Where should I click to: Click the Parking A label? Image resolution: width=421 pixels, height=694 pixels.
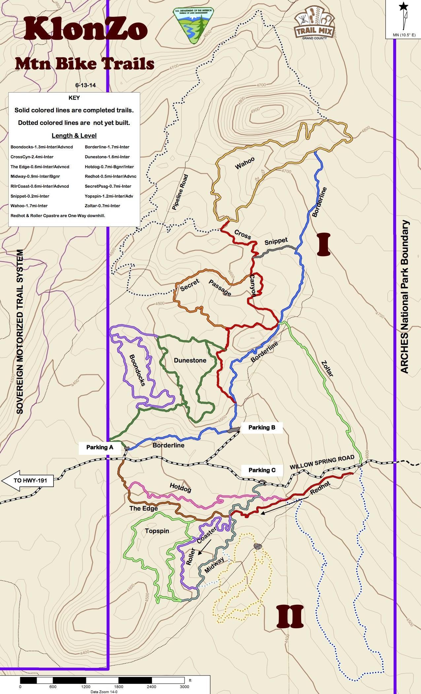point(100,447)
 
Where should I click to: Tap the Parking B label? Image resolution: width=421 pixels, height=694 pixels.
point(262,427)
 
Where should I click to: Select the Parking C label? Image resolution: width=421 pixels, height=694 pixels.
point(262,470)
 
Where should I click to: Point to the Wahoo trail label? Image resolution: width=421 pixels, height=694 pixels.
point(245,163)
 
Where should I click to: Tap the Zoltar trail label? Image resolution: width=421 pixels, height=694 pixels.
point(327,368)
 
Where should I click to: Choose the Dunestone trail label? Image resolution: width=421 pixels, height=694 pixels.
point(190,360)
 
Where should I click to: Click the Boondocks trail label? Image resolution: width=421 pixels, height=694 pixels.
point(137,370)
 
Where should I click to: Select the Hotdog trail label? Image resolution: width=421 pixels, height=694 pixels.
point(180,487)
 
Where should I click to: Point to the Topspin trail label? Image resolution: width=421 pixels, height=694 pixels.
point(157,531)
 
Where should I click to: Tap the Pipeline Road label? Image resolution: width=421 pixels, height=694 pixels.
point(180,192)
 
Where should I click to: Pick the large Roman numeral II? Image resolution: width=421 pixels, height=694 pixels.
point(290,616)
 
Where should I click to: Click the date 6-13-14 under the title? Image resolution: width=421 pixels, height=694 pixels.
point(86,85)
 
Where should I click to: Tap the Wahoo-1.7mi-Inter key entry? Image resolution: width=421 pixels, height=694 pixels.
point(29,206)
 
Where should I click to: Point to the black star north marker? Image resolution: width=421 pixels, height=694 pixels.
point(403,7)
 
